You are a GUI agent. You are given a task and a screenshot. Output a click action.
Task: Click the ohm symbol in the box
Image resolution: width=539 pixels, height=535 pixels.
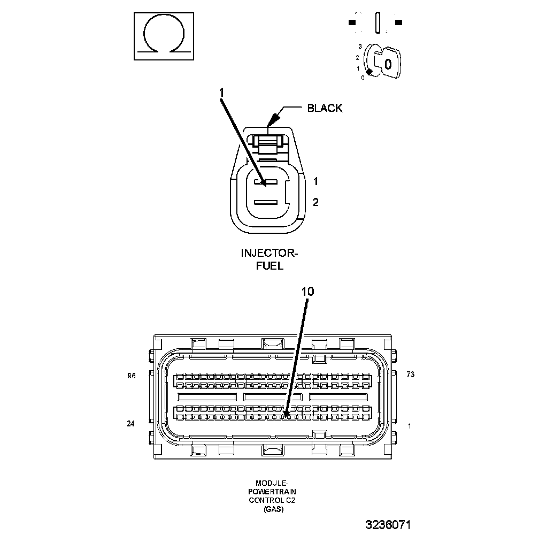pos(163,37)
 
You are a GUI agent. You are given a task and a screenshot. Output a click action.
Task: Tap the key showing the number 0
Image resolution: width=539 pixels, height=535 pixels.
pos(388,64)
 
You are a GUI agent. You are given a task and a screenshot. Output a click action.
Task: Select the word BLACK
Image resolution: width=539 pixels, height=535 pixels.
pos(325,108)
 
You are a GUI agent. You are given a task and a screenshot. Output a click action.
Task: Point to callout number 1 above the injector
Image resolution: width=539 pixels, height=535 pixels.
pos(221,93)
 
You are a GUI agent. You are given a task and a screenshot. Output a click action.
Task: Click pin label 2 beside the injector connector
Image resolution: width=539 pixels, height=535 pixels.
pos(315,202)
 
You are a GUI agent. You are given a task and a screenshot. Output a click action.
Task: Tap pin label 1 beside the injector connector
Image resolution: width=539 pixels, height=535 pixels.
pos(315,181)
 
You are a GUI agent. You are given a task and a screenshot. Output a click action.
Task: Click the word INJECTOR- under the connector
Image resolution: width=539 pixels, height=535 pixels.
pos(269,253)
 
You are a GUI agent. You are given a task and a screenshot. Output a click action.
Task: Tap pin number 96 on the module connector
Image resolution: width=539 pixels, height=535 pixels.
pos(132,376)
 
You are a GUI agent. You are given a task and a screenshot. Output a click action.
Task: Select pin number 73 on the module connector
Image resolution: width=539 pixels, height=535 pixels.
pos(410,375)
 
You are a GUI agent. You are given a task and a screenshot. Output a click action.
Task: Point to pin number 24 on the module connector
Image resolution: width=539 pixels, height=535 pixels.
pos(131,424)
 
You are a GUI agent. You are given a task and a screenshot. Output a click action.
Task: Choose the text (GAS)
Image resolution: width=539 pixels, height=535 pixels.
pos(273,509)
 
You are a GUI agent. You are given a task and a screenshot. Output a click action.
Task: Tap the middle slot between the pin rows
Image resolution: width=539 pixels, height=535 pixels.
pos(273,398)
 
